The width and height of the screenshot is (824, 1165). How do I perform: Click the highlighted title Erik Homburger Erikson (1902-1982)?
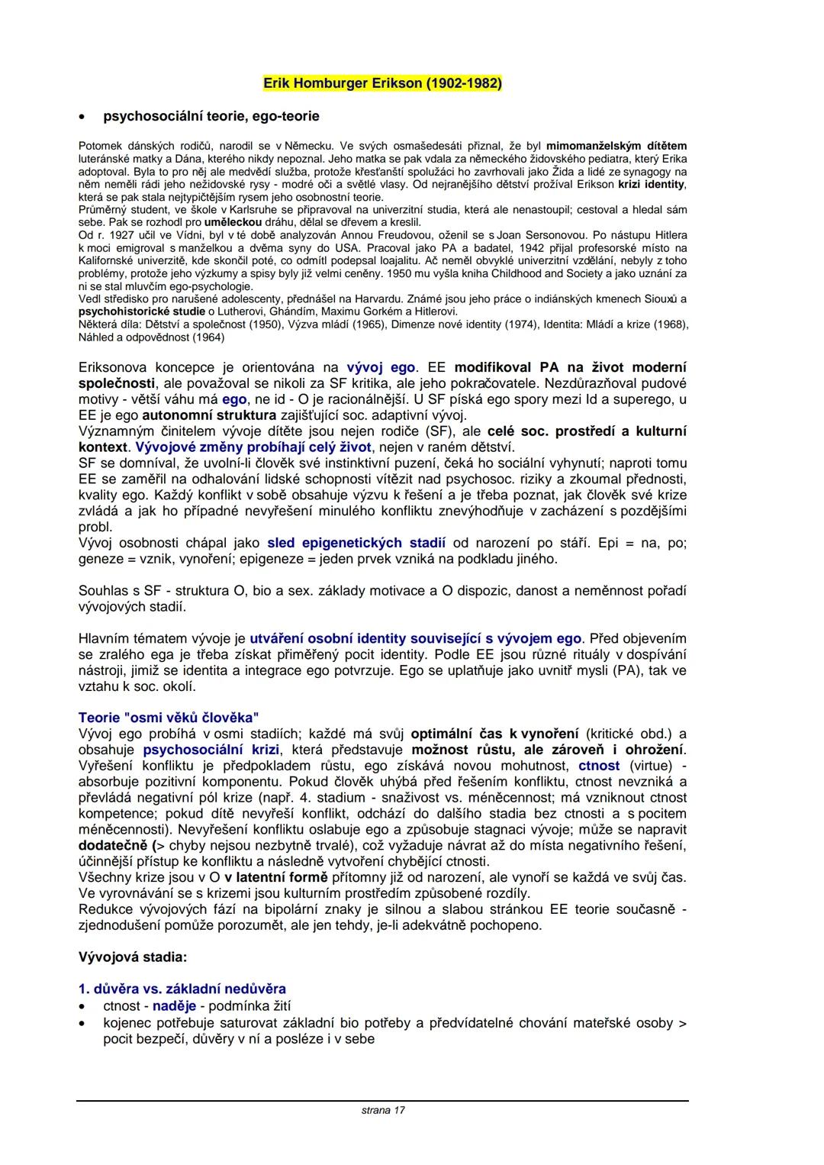(382, 82)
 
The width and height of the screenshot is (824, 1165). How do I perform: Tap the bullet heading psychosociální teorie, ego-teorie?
(211, 116)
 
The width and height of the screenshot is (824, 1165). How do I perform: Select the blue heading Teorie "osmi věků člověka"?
(169, 718)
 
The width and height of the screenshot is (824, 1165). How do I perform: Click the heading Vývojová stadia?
(133, 957)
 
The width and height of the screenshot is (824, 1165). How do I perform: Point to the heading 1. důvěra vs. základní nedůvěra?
(182, 989)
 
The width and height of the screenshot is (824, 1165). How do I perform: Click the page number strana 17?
(383, 1110)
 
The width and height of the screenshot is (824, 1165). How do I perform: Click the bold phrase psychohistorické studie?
(142, 311)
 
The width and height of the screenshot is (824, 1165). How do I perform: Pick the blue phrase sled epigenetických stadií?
(356, 543)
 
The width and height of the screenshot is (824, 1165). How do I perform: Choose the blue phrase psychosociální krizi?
(211, 750)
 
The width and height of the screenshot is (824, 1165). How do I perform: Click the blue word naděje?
(174, 1006)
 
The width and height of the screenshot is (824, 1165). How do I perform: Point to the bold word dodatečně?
(114, 846)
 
